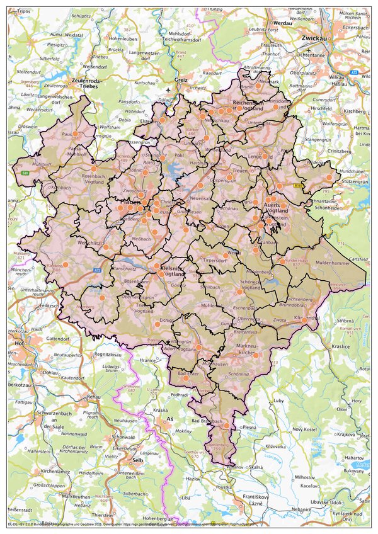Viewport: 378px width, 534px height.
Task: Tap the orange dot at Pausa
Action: click(x=75, y=134)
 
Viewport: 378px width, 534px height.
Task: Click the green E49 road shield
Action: click(x=25, y=172)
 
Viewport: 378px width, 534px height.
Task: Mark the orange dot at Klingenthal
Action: click(x=305, y=320)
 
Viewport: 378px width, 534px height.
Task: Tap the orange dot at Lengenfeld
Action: click(x=266, y=156)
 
